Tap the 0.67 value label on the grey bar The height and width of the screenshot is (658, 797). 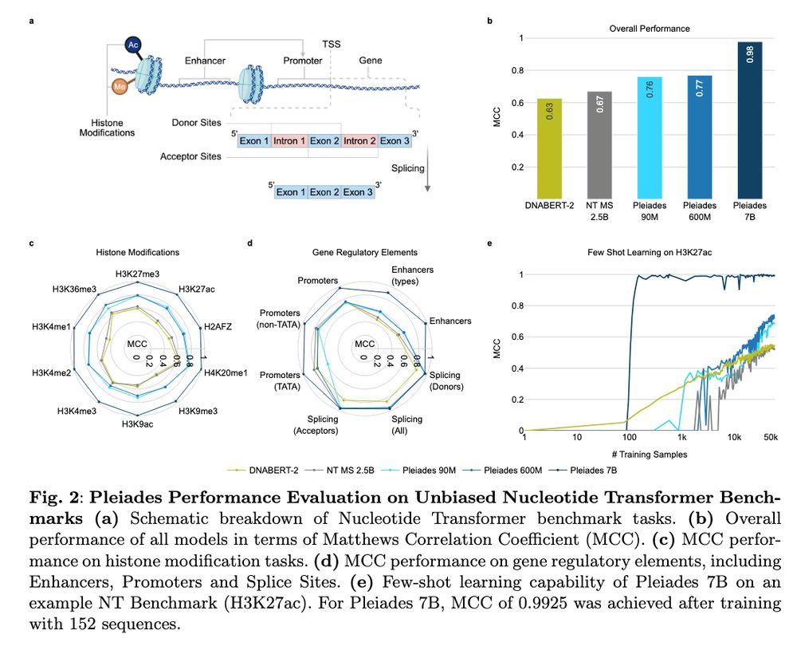point(600,104)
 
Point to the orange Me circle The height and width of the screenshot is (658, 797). point(119,86)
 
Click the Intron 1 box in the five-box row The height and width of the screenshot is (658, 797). point(289,141)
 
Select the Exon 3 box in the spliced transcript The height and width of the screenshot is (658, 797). point(358,192)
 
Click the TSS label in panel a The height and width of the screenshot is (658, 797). point(331,45)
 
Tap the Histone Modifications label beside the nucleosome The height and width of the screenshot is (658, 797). point(107,128)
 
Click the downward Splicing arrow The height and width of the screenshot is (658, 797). point(428,171)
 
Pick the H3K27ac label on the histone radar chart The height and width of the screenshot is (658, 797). point(195,289)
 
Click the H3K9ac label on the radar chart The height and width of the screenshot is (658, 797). point(136,424)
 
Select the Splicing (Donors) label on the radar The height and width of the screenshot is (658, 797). point(451,380)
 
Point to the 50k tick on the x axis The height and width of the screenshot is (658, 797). point(770,439)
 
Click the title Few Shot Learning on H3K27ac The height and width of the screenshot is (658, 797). point(646,252)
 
